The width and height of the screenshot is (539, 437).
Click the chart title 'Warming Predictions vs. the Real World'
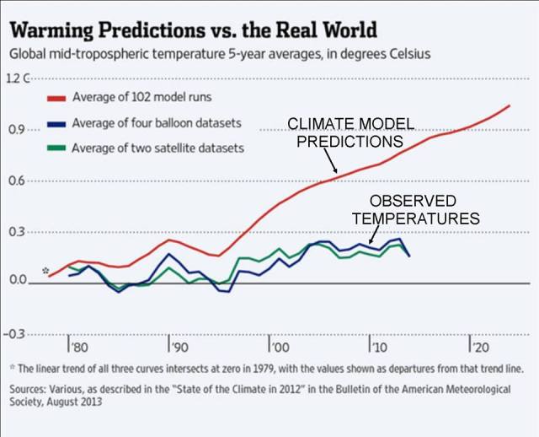(x=193, y=30)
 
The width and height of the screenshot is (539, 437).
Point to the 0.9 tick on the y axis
(x=19, y=130)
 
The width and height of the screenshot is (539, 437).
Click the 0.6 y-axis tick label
(x=19, y=181)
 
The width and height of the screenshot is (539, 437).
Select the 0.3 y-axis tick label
(x=19, y=231)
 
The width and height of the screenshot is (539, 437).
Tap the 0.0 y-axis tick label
(x=19, y=281)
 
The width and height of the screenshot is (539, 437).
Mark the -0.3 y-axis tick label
(x=17, y=334)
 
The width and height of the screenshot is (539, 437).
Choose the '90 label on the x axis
(x=178, y=348)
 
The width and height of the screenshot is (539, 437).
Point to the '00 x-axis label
(x=279, y=348)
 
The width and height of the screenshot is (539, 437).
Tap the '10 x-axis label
(x=378, y=348)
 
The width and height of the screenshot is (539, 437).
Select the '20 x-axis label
(x=478, y=348)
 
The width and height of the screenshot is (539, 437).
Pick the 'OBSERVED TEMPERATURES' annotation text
(x=415, y=209)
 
